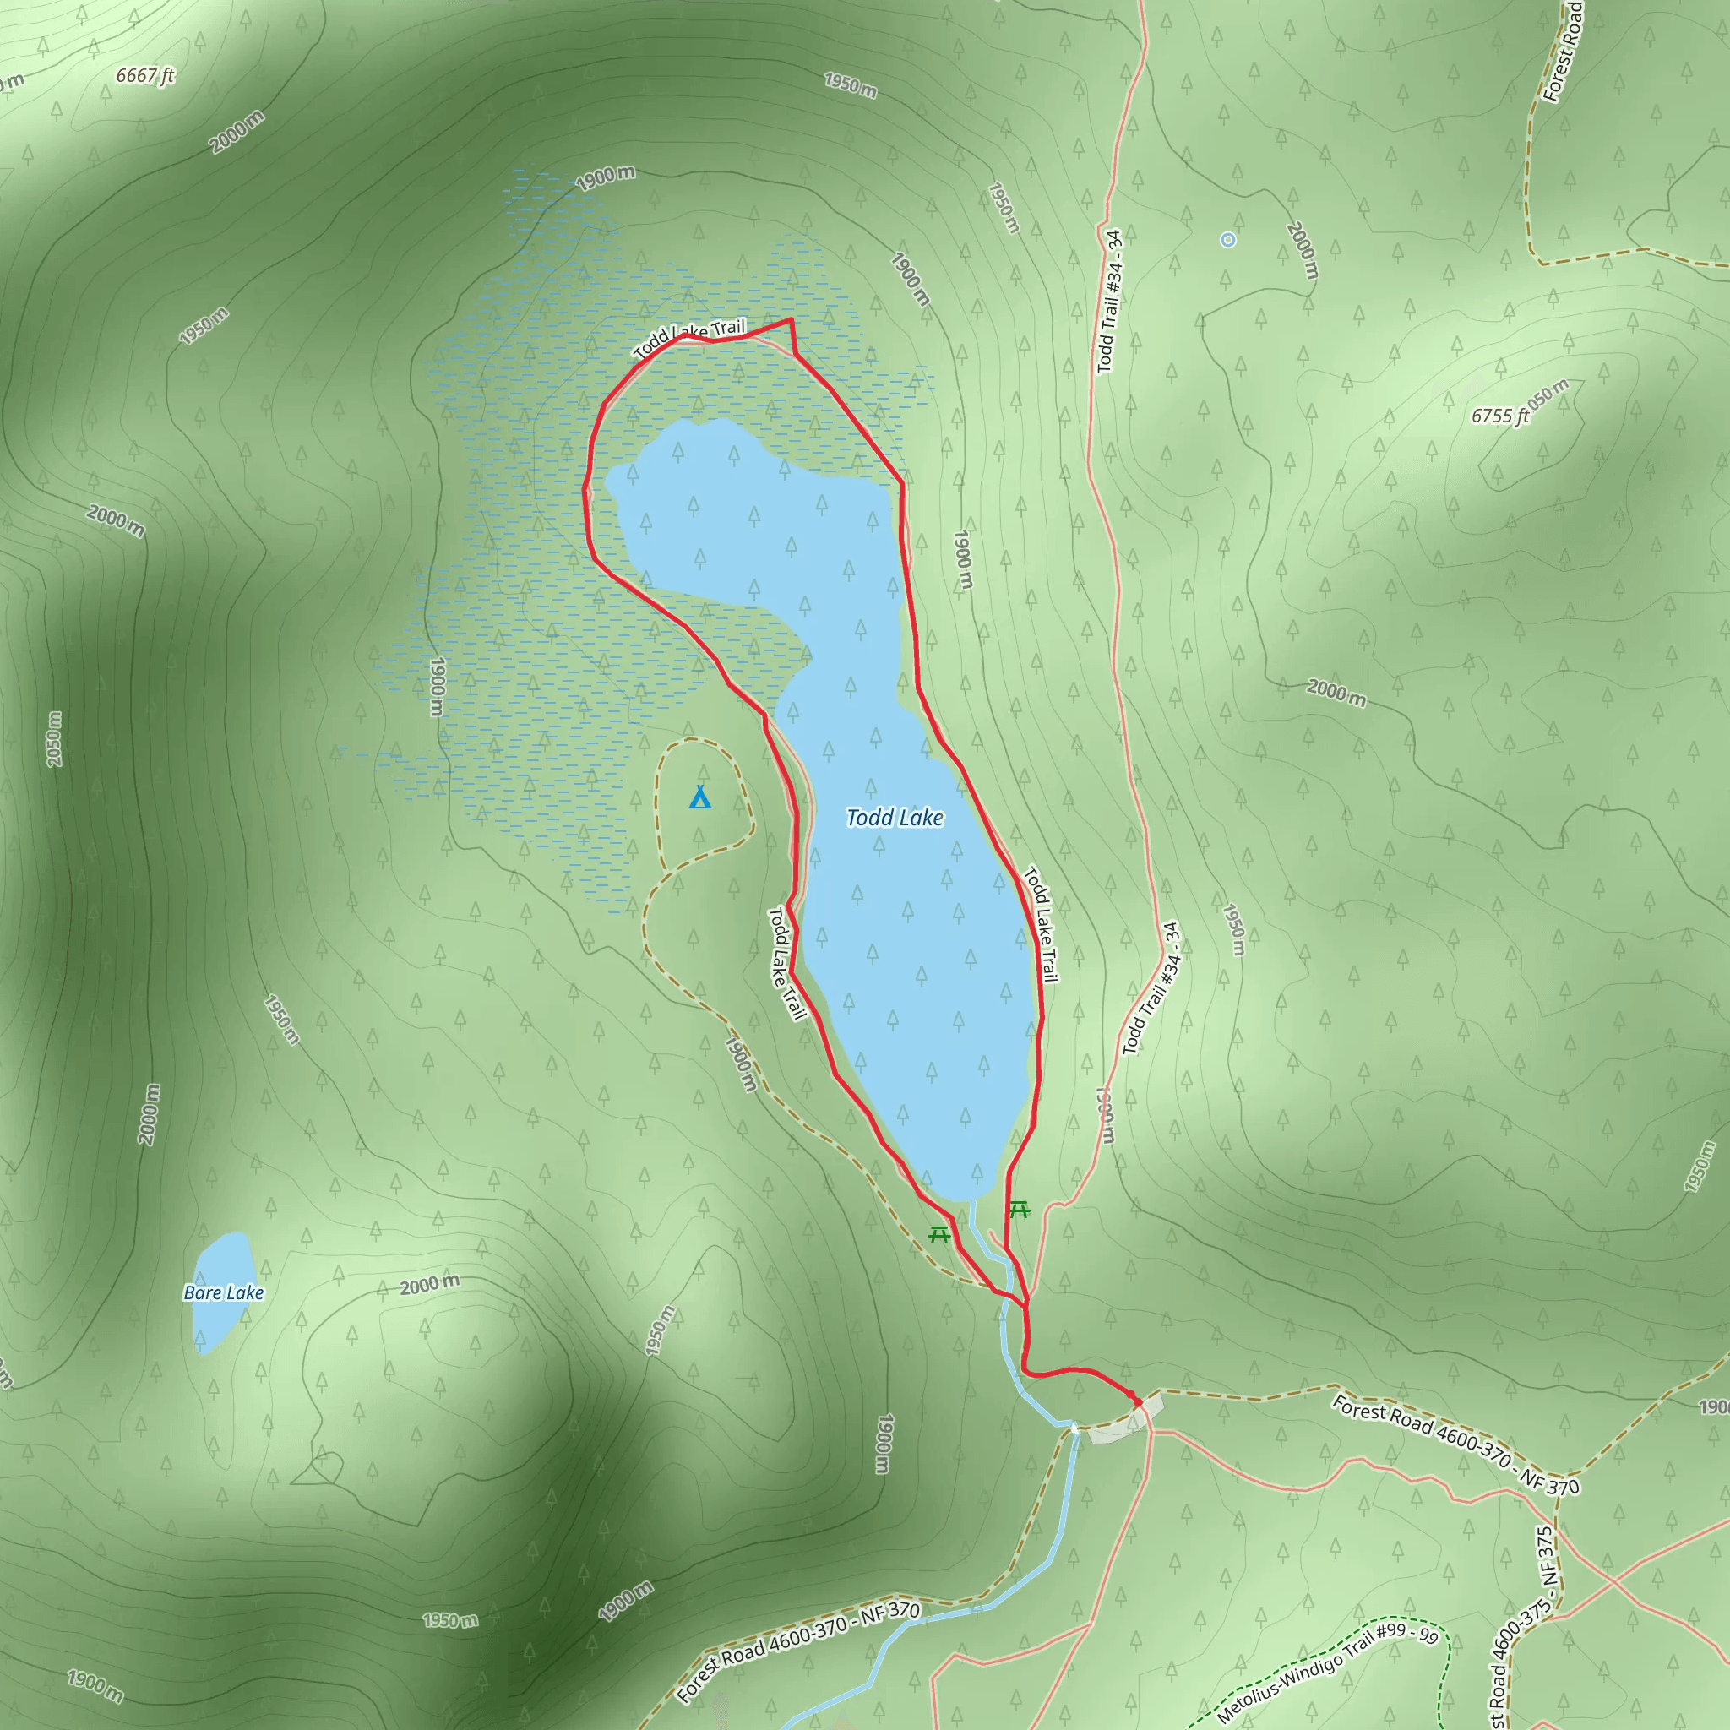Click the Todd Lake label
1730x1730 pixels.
894,818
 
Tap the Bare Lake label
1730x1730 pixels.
223,1292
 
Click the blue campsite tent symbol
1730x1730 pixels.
700,797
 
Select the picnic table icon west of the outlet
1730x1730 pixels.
938,1235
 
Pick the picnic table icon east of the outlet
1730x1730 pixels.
1019,1210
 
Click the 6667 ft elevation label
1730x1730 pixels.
145,76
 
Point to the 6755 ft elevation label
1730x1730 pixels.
1500,416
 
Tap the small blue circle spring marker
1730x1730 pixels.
1227,240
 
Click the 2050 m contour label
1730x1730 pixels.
55,739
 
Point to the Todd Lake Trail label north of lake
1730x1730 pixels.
689,338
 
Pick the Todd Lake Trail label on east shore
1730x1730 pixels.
1041,923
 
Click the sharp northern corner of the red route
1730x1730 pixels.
791,319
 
